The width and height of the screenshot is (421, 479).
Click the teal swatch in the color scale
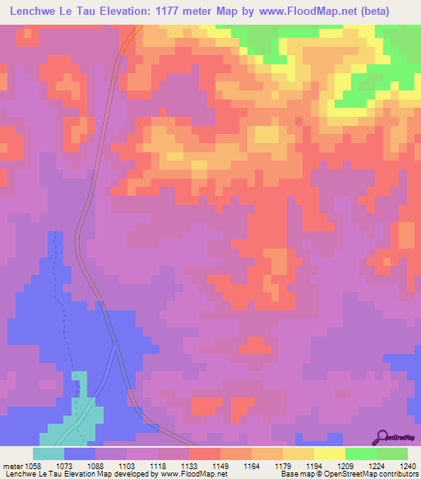tap(49, 453)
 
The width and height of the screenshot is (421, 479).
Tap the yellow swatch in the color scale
tap(329, 453)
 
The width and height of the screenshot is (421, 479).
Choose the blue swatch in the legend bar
tap(80, 453)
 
